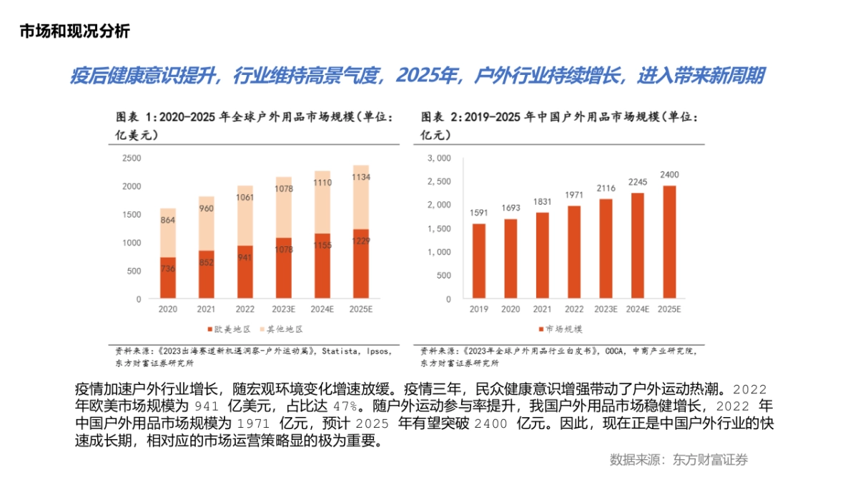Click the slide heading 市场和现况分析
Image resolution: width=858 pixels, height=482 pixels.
coord(74,31)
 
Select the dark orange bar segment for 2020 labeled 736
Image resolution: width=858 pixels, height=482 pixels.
coord(167,277)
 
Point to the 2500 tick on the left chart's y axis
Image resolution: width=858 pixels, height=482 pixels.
coord(132,158)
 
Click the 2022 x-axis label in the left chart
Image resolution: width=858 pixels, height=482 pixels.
coord(245,309)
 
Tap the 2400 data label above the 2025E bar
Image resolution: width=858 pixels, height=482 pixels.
coord(669,175)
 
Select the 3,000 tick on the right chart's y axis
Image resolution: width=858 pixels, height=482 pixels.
coord(439,158)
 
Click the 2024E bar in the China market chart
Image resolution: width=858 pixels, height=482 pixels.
coord(638,245)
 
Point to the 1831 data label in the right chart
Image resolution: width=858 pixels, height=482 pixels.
coord(542,202)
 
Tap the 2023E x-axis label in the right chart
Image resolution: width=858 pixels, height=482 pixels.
coord(606,309)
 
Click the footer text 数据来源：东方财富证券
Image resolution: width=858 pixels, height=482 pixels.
coord(679,460)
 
